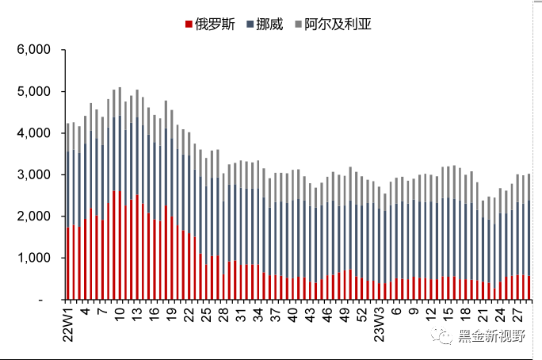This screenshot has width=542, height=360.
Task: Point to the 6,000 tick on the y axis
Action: click(x=34, y=50)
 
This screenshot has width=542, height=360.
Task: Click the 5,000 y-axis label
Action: click(x=34, y=92)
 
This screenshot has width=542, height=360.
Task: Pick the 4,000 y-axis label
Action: click(x=34, y=133)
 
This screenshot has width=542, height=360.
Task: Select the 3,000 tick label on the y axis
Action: click(x=34, y=175)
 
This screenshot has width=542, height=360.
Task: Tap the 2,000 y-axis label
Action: click(x=34, y=216)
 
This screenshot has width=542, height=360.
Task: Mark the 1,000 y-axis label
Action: click(x=34, y=259)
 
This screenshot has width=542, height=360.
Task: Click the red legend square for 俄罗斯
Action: click(x=189, y=25)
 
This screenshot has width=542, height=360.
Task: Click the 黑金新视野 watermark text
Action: click(x=490, y=337)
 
